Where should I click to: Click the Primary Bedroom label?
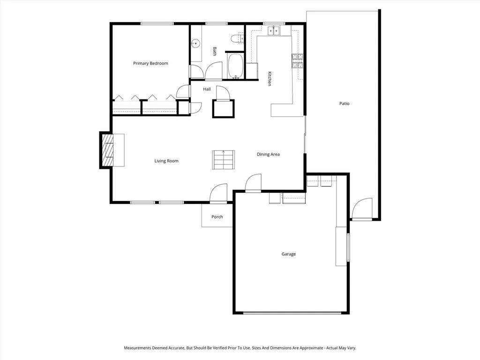tap(150, 63)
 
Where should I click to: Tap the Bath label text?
tap(215, 52)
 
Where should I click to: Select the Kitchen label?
tap(270, 79)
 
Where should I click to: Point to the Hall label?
tap(207, 89)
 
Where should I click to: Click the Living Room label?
tap(166, 161)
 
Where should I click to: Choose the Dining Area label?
tap(268, 154)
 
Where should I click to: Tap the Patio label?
tap(345, 104)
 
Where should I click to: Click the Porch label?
tap(217, 217)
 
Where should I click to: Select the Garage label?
tap(289, 254)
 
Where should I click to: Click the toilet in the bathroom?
tap(238, 38)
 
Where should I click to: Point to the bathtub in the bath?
tap(235, 66)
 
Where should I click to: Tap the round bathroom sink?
tap(195, 44)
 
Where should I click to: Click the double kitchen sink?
tap(274, 31)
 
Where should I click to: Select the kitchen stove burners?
tap(297, 60)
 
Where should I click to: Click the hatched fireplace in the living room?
tap(108, 150)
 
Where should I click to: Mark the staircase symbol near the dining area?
tap(224, 159)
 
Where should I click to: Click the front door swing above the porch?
tap(218, 193)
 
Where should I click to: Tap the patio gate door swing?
tap(362, 209)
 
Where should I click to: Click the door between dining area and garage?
tap(254, 183)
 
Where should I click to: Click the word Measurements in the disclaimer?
tap(137, 348)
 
